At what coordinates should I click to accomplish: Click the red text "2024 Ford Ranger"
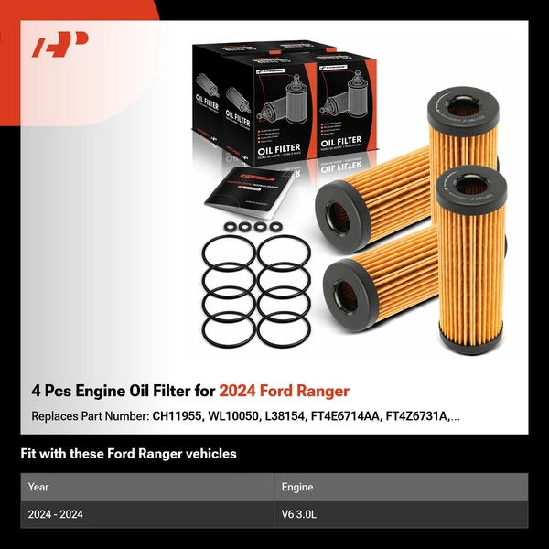(x=284, y=391)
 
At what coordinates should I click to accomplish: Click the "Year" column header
(x=38, y=487)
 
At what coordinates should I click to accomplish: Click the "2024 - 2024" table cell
(x=56, y=514)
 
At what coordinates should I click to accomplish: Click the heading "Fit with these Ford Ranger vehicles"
(x=128, y=454)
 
